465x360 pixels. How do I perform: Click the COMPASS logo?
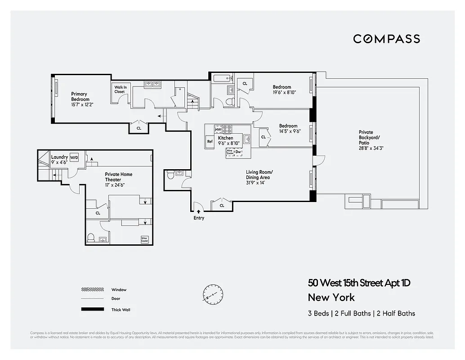point(386,39)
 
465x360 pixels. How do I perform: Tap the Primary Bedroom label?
point(80,97)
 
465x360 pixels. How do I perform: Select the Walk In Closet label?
point(120,89)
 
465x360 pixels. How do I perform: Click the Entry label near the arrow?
point(199,218)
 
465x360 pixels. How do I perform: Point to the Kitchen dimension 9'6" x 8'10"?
point(229,143)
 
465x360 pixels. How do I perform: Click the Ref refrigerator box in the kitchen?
point(210,141)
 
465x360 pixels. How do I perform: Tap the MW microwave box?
point(218,130)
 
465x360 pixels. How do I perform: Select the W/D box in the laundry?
point(74,157)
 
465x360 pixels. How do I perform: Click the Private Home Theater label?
point(119,177)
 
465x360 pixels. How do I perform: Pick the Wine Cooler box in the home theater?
point(144,239)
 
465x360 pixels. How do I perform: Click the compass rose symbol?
point(210,292)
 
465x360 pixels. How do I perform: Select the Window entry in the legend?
point(119,290)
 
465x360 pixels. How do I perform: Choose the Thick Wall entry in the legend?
point(121,310)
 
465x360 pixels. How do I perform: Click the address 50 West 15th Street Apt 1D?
point(359,283)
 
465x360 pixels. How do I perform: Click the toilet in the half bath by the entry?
point(170,177)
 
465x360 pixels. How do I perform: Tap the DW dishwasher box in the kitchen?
point(238,152)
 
